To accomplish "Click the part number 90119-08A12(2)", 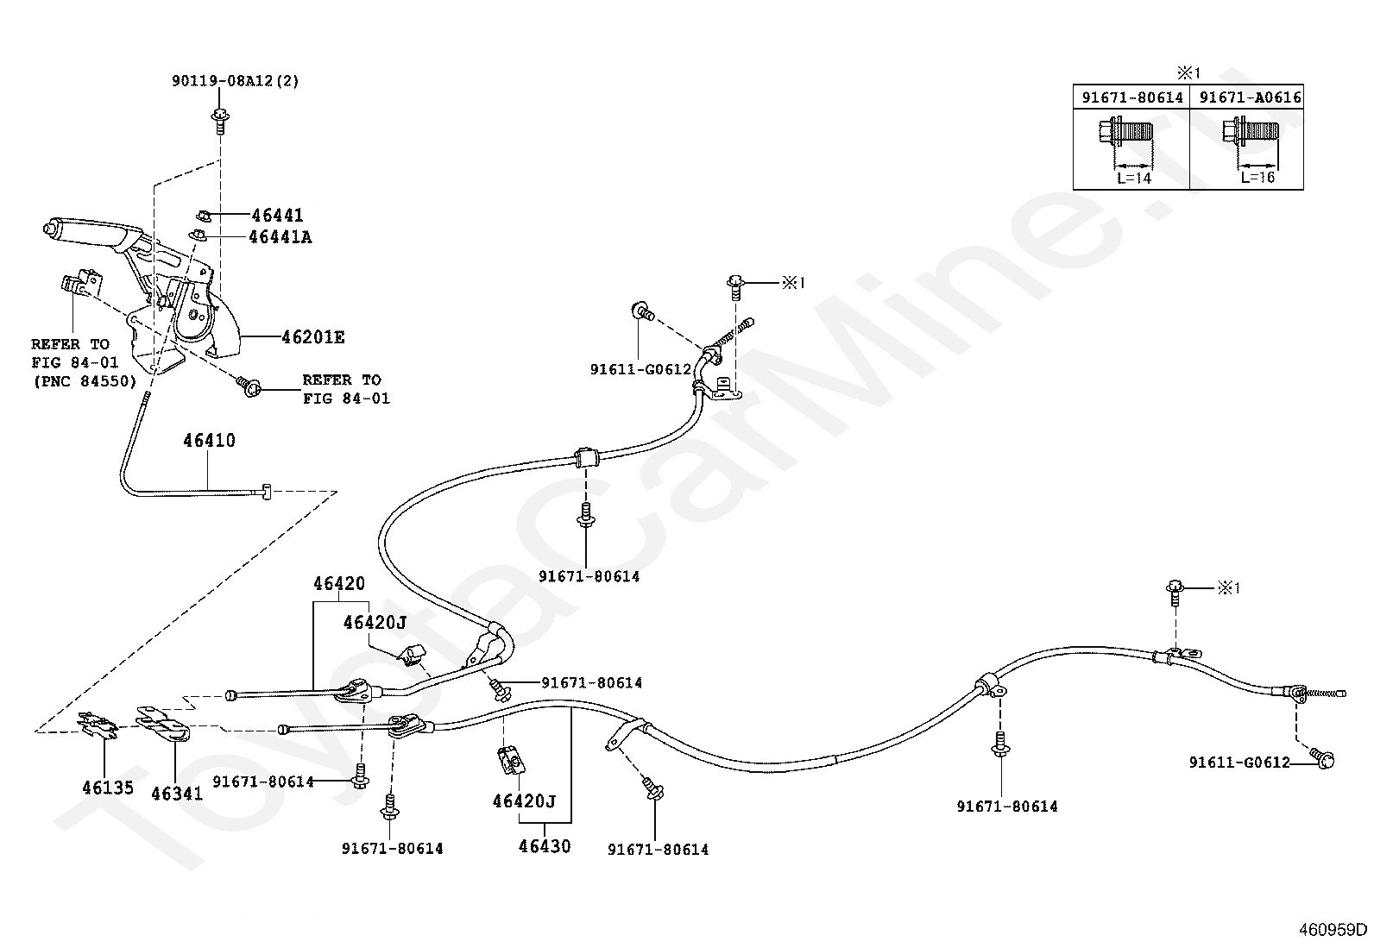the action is pyautogui.click(x=236, y=81).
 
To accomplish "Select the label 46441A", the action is pyautogui.click(x=280, y=237).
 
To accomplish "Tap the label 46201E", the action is pyautogui.click(x=313, y=337).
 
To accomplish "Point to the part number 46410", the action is pyautogui.click(x=209, y=440).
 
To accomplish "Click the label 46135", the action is pyautogui.click(x=108, y=788).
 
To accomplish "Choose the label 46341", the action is pyautogui.click(x=177, y=794).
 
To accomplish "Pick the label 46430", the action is pyautogui.click(x=545, y=846).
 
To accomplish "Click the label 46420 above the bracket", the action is pyautogui.click(x=339, y=583).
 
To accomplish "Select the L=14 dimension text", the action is pyautogui.click(x=1134, y=178).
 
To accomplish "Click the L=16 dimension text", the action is pyautogui.click(x=1257, y=177).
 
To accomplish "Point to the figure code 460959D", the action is pyautogui.click(x=1333, y=930).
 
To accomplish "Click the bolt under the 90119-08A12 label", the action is pyautogui.click(x=219, y=120).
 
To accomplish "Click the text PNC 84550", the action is pyautogui.click(x=85, y=381).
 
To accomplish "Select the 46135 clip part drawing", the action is pyautogui.click(x=98, y=725).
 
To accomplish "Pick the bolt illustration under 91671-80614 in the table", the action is pyautogui.click(x=1125, y=132).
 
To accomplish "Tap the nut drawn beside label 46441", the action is pyautogui.click(x=205, y=216).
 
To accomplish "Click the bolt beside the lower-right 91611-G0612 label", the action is pyautogui.click(x=1322, y=758).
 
